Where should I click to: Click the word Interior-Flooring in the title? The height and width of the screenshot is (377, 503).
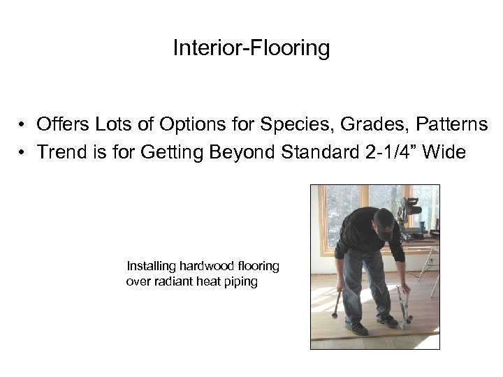[x=251, y=48]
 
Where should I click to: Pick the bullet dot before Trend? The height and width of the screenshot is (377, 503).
[x=23, y=152]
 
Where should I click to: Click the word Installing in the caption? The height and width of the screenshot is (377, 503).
[x=151, y=266]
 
